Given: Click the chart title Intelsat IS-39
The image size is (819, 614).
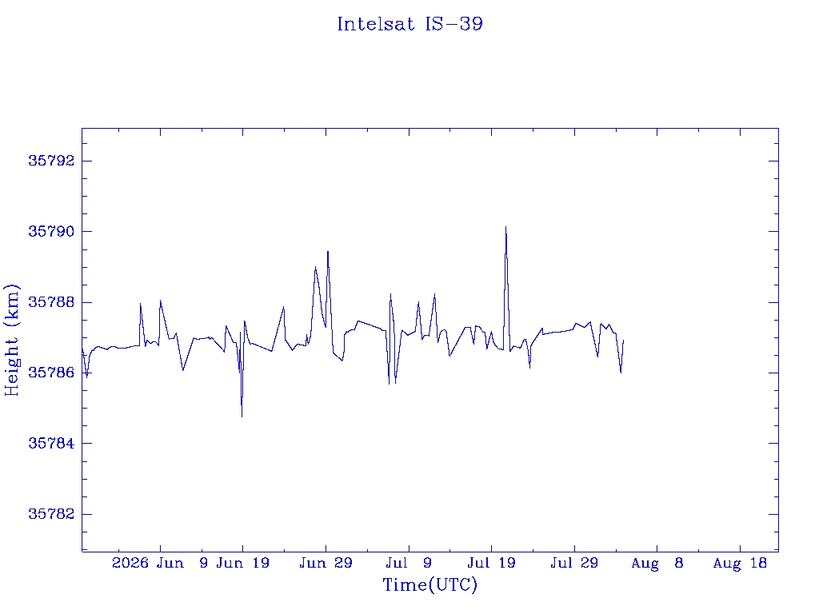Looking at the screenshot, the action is point(410,24).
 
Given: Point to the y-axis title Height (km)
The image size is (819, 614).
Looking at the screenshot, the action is point(11,340).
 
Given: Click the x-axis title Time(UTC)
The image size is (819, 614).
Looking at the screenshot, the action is point(429,584).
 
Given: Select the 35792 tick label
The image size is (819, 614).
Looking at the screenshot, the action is point(51,161).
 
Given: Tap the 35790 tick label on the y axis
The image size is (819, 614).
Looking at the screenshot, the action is point(51,231).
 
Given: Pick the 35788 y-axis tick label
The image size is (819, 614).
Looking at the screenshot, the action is point(51,302).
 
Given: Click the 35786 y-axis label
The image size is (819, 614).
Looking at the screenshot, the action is point(51,373).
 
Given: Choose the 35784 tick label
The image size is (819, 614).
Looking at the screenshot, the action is point(51,443).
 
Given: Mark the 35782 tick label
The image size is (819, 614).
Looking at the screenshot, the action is point(51,514).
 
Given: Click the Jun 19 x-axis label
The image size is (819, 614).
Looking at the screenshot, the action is point(243,563).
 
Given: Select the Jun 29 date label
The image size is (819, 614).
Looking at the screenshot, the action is point(326,563).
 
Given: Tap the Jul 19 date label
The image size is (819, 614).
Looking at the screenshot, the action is point(492,563).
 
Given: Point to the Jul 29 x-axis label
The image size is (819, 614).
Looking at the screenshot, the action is point(574,563).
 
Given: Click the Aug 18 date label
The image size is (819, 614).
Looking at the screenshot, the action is point(740,564).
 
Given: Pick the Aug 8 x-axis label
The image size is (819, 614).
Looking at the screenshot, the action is point(657,564).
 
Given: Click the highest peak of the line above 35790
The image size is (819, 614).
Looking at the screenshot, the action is point(505,226).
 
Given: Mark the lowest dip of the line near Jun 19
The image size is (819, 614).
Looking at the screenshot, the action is point(242,417).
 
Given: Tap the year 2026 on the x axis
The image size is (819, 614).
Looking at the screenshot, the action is point(130,563).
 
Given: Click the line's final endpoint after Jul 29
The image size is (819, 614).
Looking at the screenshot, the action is point(624,341).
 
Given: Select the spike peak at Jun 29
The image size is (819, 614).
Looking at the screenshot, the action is point(327,251).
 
